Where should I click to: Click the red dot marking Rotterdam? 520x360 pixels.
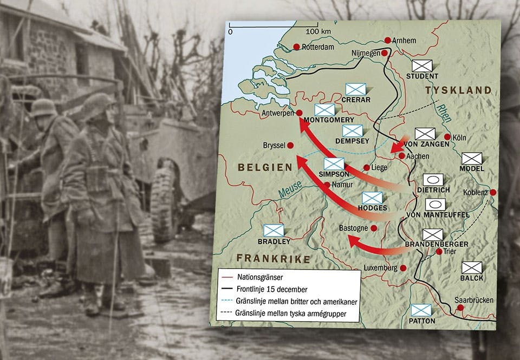pos(296,47)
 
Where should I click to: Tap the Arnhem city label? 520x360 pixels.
pos(404,40)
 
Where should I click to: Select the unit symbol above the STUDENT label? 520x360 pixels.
pos(422,66)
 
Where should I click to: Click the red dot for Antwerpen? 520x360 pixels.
pos(298,113)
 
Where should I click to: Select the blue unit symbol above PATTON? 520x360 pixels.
pos(421,310)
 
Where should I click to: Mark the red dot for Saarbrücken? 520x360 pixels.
pos(460,307)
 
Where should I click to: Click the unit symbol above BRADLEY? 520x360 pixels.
pos(273,231)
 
